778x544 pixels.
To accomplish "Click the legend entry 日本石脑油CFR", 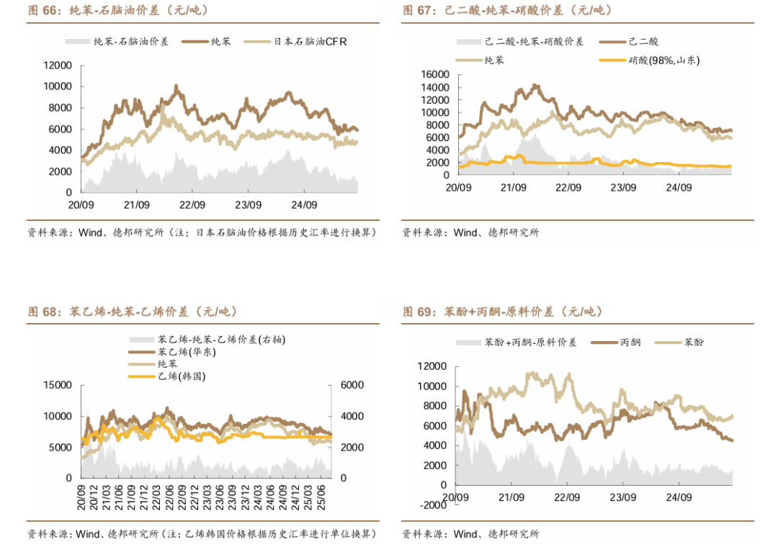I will (310, 42).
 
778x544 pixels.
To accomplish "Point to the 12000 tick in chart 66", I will (58, 65).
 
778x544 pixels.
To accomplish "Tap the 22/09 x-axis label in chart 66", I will (192, 204).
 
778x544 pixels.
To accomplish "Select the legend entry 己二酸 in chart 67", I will (643, 42).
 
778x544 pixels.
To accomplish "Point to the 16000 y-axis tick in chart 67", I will (434, 75).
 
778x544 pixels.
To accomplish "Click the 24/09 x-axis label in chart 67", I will (679, 188).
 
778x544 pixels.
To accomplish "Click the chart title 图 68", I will (133, 312).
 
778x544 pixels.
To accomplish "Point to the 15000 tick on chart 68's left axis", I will (58, 385).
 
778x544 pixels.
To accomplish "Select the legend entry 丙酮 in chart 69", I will (630, 343).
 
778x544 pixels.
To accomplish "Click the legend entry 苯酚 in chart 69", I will (694, 343).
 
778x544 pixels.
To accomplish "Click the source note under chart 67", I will (470, 232).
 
